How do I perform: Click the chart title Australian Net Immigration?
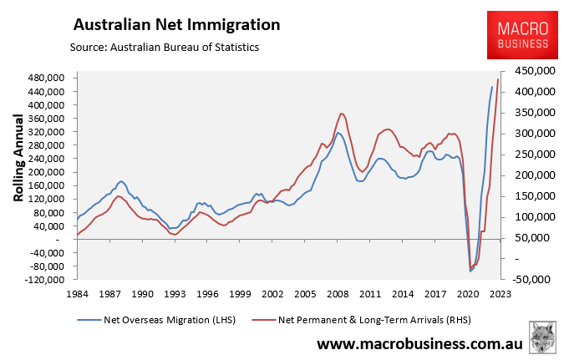point(177,24)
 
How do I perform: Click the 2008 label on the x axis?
point(337,294)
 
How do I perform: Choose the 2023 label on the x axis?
point(500,294)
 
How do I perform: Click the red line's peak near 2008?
point(341,113)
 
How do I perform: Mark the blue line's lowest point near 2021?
point(471,271)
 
